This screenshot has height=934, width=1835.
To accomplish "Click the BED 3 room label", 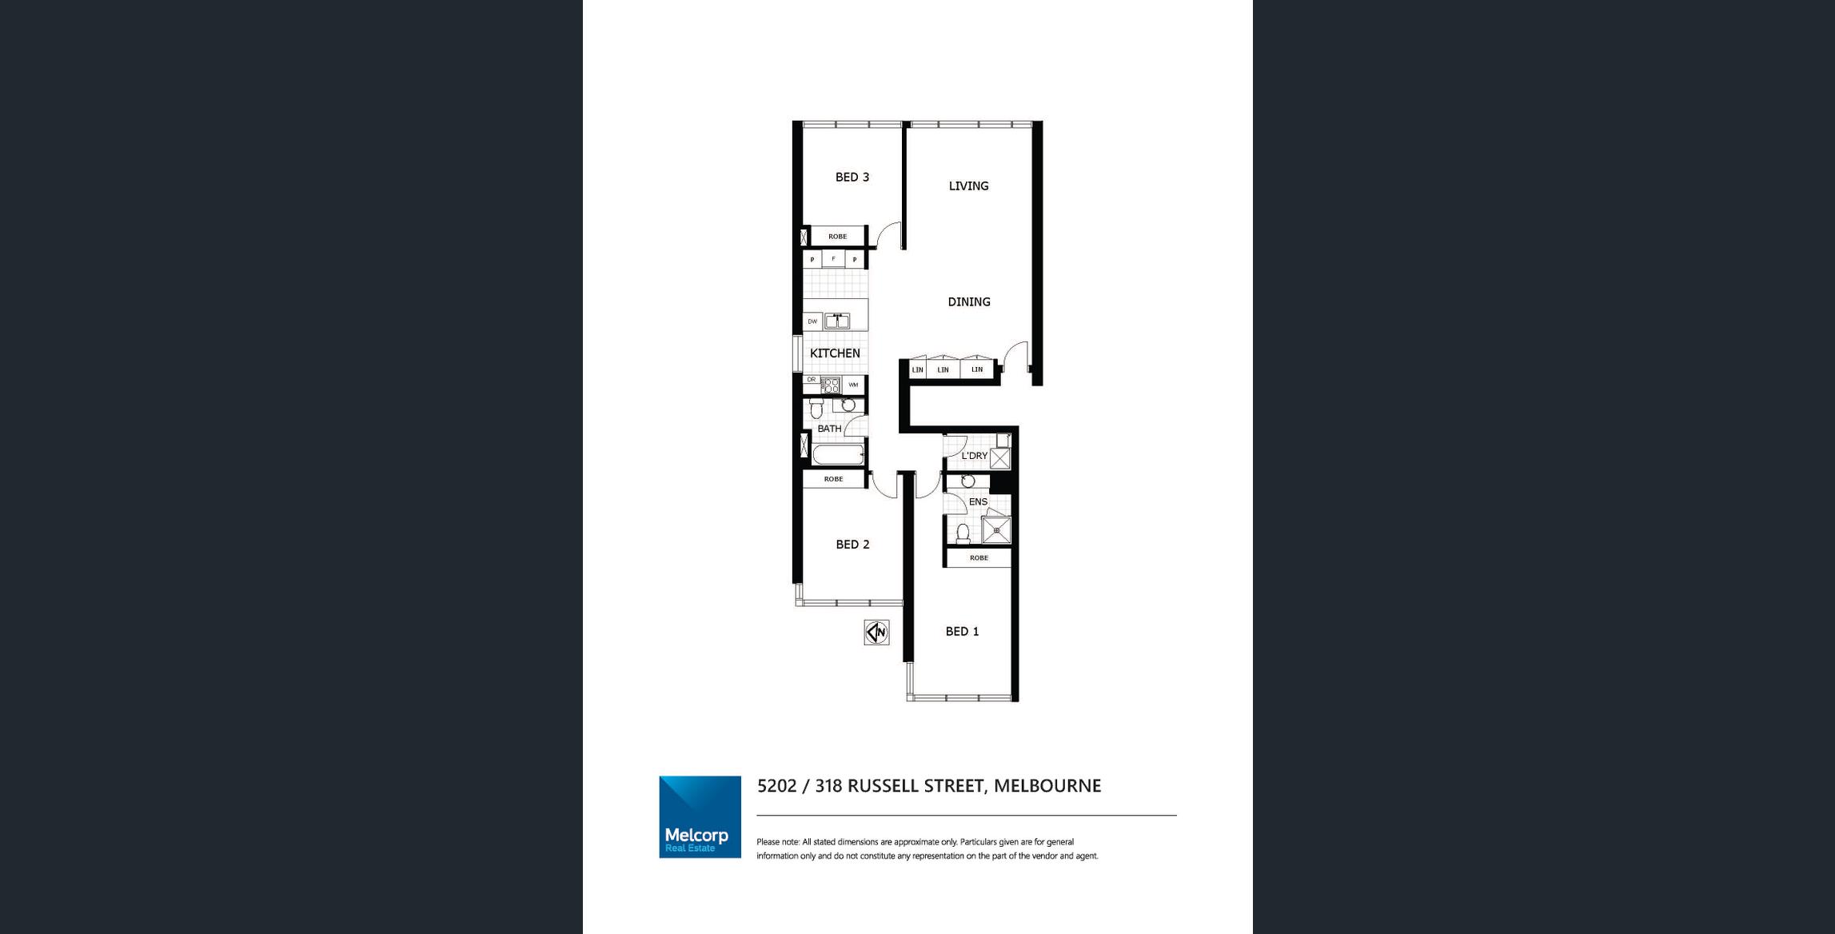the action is pos(852,178).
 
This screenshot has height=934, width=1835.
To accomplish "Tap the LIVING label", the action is pos(968,186).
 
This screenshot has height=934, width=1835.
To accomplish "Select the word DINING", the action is pos(969,302).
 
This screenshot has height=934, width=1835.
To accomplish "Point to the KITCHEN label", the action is pos(835,353).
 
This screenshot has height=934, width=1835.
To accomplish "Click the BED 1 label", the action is pos(962,632).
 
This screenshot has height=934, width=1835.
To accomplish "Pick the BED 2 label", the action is pos(852,545).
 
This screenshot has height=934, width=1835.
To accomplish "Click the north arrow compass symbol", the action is pos(876,633).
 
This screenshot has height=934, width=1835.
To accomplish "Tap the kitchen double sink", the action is pos(836,321).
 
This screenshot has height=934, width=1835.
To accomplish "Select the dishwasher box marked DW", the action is pos(812,321).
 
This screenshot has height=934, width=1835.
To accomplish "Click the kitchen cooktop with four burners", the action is pos(831,385).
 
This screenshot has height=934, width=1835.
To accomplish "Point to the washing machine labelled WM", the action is pos(853,385).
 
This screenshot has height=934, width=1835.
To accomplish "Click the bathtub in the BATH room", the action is pos(837,455).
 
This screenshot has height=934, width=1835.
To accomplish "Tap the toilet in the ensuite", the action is pos(963,533).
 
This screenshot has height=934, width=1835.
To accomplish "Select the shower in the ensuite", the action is pos(996,529).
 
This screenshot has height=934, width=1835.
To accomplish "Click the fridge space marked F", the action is pos(833,259).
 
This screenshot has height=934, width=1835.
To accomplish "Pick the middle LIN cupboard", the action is pos(943,369).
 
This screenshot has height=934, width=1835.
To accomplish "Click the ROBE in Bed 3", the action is pos(837,236).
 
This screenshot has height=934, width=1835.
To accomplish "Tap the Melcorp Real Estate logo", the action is pos(700,816).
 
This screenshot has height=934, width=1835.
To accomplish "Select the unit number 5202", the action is pos(777,786).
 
